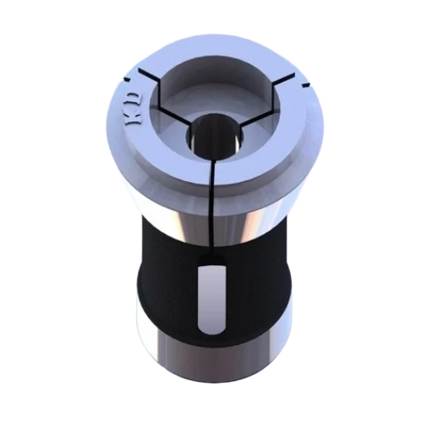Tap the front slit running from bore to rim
pos(211,172)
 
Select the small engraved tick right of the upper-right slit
pos(302,86)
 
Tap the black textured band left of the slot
pos(167,283)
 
